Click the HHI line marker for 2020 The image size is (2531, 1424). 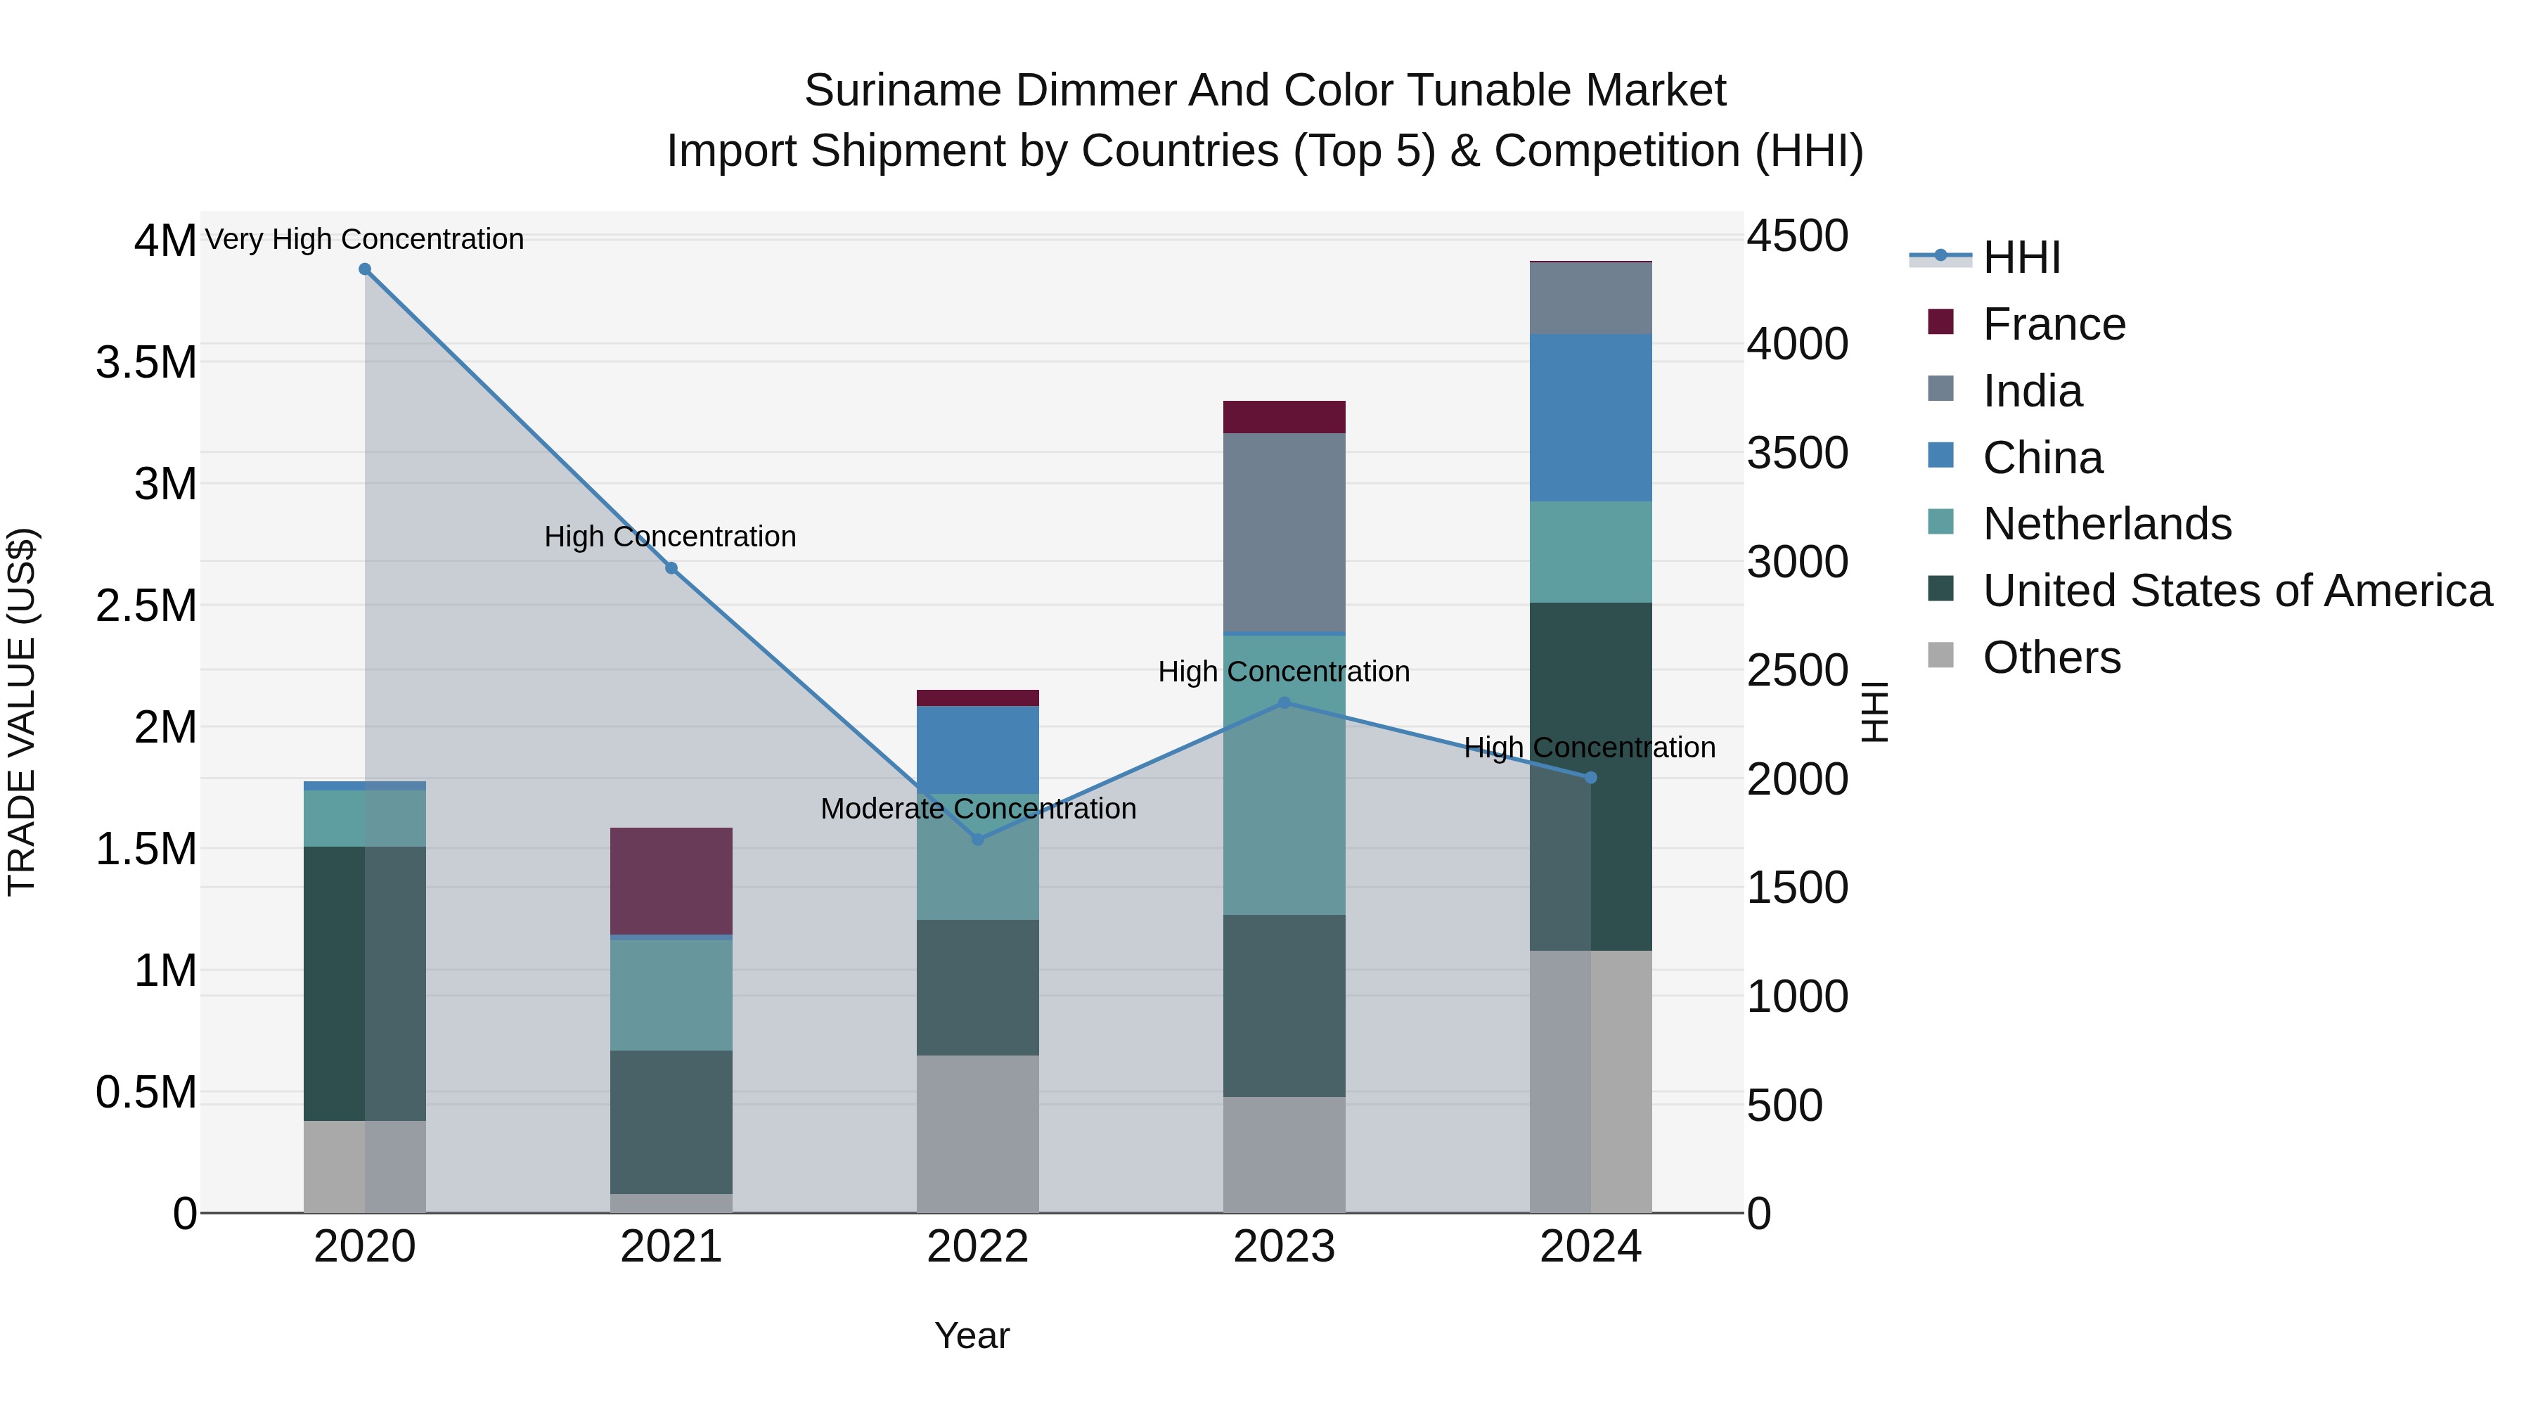click(x=364, y=269)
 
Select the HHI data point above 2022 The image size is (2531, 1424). click(x=978, y=839)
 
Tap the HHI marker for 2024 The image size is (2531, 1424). click(x=1592, y=777)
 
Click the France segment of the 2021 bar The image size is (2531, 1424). click(x=671, y=880)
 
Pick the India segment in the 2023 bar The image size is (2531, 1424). click(x=1284, y=532)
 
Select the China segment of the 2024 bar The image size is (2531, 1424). click(x=1591, y=418)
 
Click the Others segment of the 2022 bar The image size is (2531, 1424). click(x=978, y=1133)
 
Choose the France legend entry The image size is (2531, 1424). click(x=2054, y=324)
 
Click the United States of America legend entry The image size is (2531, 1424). click(x=2237, y=591)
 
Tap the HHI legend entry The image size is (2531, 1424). click(x=2021, y=257)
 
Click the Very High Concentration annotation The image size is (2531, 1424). click(x=364, y=239)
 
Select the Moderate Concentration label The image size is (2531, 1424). click(x=978, y=809)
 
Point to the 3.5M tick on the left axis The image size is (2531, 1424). click(x=146, y=363)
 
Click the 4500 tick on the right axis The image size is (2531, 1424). click(x=1797, y=237)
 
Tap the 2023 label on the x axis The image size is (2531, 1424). click(x=1284, y=1247)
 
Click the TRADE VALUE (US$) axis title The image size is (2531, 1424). click(x=22, y=712)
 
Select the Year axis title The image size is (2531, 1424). click(x=972, y=1335)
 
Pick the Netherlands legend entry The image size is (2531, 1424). click(x=2106, y=524)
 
